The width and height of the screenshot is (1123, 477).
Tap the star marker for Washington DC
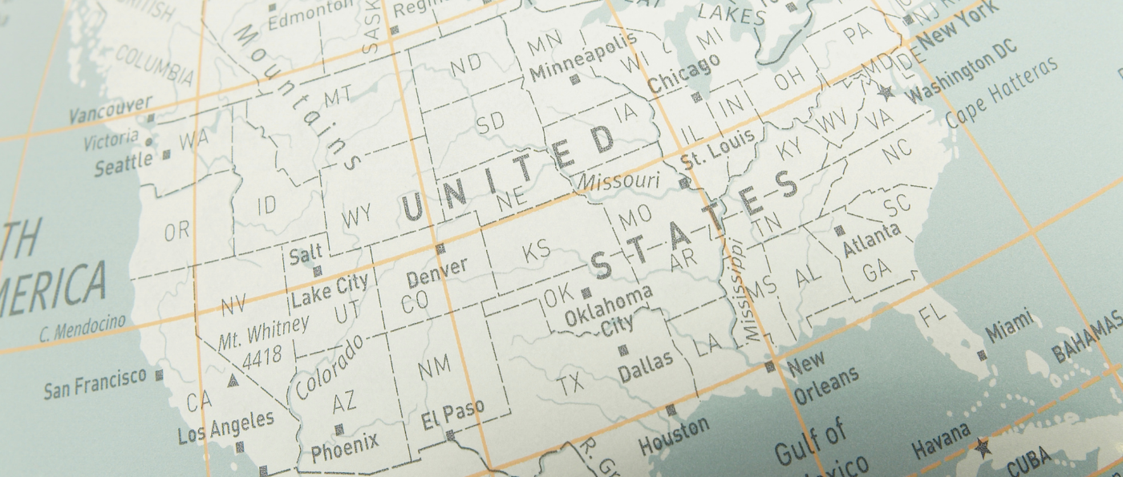tap(886, 92)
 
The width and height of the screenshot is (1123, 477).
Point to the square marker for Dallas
tap(622, 350)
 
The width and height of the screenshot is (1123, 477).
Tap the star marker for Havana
tap(983, 447)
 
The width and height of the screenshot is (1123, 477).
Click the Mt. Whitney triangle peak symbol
tap(233, 380)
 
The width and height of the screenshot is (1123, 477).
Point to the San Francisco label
tap(95, 384)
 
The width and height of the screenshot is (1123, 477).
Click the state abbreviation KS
tap(537, 251)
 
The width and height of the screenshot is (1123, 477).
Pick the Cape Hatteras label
tap(1002, 92)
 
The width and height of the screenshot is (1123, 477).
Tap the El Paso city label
tap(452, 414)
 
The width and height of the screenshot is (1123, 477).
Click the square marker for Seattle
tap(167, 154)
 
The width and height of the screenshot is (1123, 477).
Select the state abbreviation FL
tap(933, 315)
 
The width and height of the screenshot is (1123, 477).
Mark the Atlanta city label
tap(871, 240)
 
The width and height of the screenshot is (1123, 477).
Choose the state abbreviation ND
tap(466, 65)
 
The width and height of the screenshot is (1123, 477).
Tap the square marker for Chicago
tap(696, 98)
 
